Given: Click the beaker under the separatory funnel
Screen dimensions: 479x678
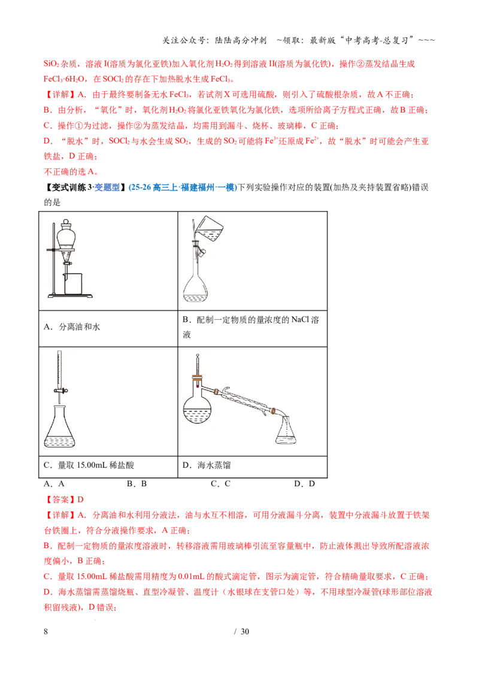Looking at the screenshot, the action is click(73, 284).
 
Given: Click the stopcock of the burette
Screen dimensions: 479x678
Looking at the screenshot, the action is click(60, 391).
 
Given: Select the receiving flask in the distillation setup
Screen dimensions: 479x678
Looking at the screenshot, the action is click(286, 431).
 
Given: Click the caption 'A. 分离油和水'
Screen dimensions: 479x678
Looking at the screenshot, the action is click(72, 327).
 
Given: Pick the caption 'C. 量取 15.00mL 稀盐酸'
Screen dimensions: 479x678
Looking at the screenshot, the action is click(89, 465).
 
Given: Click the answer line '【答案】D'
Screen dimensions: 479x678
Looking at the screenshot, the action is click(63, 500).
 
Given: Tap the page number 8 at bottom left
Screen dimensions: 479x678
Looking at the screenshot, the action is click(46, 631).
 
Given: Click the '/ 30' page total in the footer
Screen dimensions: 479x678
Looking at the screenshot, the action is click(242, 631).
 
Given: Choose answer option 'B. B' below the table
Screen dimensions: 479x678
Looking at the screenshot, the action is click(137, 484).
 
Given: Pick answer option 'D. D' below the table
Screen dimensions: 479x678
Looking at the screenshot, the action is click(304, 484).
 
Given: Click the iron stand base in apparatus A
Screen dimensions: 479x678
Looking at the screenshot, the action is click(70, 296).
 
